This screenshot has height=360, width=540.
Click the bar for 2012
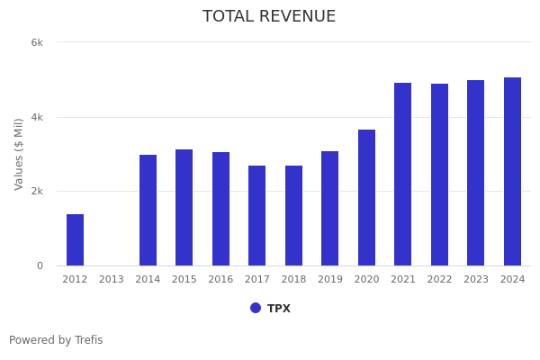click(x=75, y=239)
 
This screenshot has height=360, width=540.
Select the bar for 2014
click(x=148, y=210)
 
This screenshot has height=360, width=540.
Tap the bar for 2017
click(x=257, y=215)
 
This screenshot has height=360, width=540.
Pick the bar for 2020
click(x=366, y=197)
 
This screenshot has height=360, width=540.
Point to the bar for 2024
click(x=512, y=171)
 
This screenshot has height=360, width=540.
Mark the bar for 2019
click(x=330, y=208)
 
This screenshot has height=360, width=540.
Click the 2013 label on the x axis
click(x=112, y=280)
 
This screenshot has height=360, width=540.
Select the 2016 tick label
click(x=220, y=280)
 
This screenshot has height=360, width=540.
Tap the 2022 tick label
click(x=439, y=280)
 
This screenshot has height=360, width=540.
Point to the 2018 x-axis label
click(x=293, y=280)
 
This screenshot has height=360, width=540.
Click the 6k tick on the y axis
click(x=37, y=42)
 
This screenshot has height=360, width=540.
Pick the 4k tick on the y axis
click(x=37, y=117)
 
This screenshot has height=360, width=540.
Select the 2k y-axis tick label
click(x=37, y=192)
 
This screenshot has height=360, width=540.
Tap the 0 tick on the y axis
click(x=40, y=266)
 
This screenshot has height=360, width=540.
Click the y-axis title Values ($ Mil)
click(x=19, y=154)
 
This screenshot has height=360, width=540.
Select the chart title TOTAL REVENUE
click(x=269, y=17)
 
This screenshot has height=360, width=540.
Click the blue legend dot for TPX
click(x=256, y=308)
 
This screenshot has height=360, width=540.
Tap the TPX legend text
click(x=279, y=309)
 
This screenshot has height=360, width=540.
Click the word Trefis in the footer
click(x=88, y=340)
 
